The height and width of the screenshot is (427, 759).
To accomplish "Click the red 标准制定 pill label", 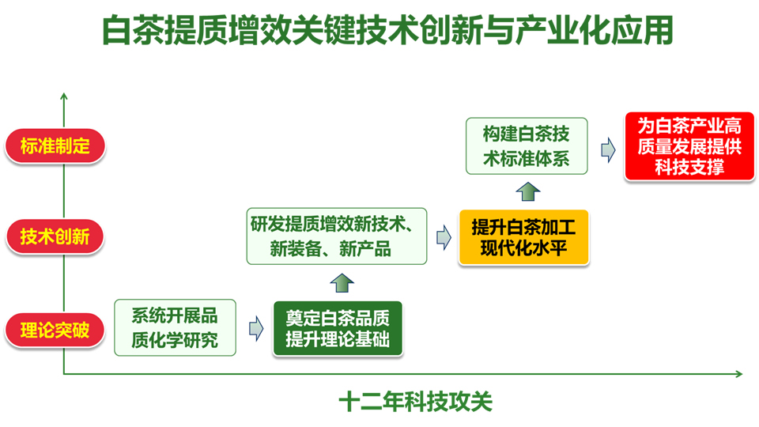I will coord(55,146).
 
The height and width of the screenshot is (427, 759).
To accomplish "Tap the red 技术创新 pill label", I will coord(55,236).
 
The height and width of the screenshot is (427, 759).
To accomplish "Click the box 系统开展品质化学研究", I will coord(175,327).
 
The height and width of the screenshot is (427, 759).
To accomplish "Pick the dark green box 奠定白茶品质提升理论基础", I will coord(338,328).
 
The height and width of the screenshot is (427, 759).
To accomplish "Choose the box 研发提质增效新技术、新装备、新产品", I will coord(337,236).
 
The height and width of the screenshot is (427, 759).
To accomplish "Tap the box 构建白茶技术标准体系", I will coord(527,146).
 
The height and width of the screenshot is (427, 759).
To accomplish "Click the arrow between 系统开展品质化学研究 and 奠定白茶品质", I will coord(255,328).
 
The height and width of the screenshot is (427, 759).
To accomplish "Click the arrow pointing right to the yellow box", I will coord(443,236).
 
